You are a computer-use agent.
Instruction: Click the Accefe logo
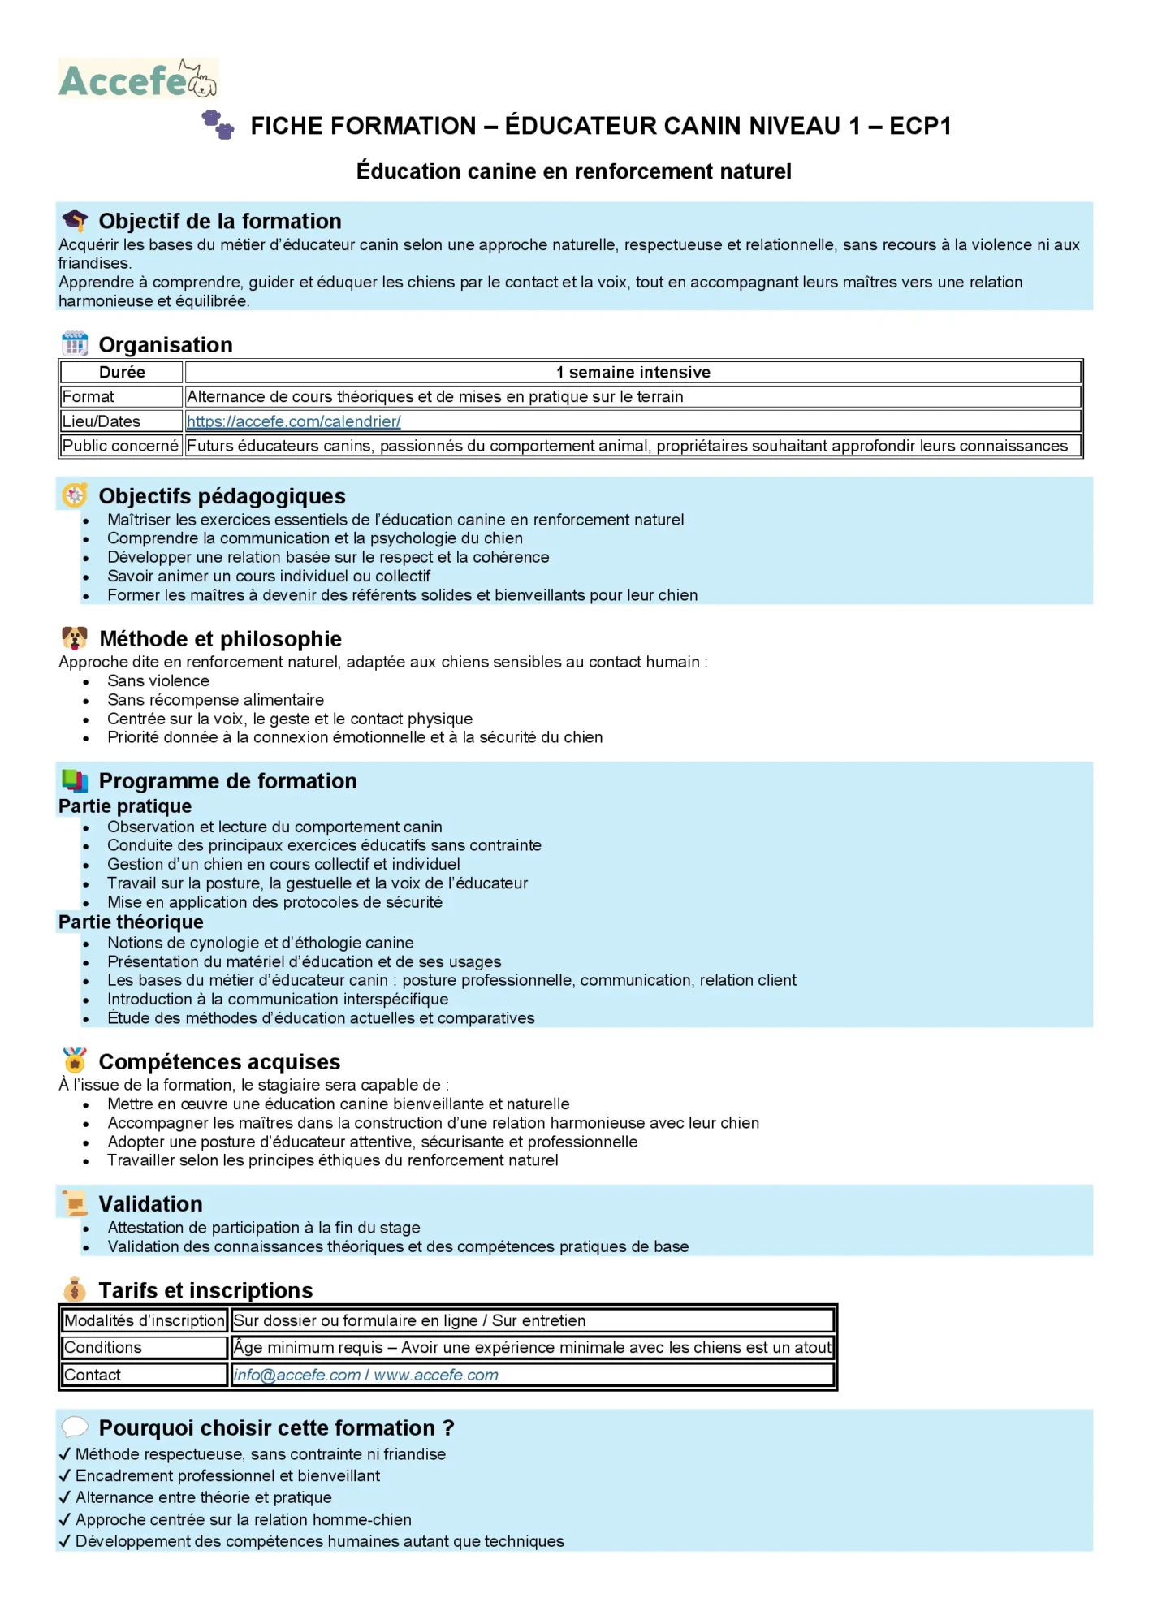[x=138, y=80]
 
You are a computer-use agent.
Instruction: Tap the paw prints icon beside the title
[x=218, y=124]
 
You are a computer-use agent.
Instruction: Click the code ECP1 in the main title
[x=919, y=126]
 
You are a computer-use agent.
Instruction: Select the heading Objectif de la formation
[x=219, y=221]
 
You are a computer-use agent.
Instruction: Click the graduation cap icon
[x=75, y=220]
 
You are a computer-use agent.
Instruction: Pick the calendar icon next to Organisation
[x=75, y=344]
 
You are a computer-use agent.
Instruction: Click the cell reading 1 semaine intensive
[x=633, y=373]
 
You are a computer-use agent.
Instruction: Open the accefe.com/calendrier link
[x=293, y=421]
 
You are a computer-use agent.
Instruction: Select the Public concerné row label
[x=120, y=446]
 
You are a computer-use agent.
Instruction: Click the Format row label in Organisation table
[x=89, y=397]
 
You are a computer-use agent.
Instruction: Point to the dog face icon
[x=75, y=638]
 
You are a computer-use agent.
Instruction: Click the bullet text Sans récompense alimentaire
[x=215, y=700]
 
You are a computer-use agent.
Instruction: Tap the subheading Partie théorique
[x=131, y=922]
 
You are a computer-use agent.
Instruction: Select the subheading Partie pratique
[x=125, y=806]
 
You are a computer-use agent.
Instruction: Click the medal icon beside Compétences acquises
[x=75, y=1060]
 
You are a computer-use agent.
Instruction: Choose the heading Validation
[x=150, y=1203]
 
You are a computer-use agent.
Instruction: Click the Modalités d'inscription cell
[x=144, y=1320]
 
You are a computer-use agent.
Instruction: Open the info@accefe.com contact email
[x=296, y=1375]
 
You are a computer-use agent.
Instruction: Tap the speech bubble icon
[x=75, y=1427]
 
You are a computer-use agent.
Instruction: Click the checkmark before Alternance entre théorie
[x=65, y=1497]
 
